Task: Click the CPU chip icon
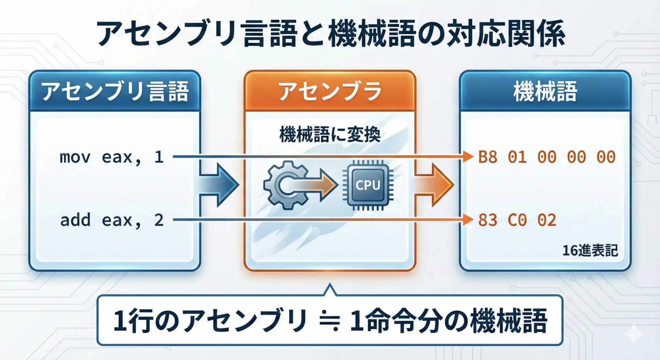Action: pyautogui.click(x=368, y=185)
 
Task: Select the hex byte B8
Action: pyautogui.click(x=488, y=157)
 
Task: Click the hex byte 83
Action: pyautogui.click(x=488, y=220)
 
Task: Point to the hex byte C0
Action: pyautogui.click(x=517, y=220)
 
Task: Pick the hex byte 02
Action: pyautogui.click(x=547, y=220)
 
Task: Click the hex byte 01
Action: pyautogui.click(x=517, y=157)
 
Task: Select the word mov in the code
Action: pyautogui.click(x=75, y=157)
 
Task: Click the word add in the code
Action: pyautogui.click(x=75, y=220)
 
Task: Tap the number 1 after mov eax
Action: pyautogui.click(x=159, y=157)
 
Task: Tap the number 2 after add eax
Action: pyautogui.click(x=159, y=220)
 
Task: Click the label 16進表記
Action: pyautogui.click(x=590, y=250)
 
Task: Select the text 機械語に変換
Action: pyautogui.click(x=330, y=134)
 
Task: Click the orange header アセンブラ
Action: pyautogui.click(x=330, y=91)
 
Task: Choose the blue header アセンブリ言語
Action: pyautogui.click(x=115, y=91)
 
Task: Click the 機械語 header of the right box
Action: pyautogui.click(x=545, y=91)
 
